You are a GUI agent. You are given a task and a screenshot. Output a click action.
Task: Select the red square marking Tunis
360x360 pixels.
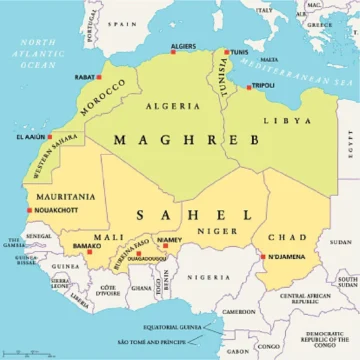pyautogui.click(x=226, y=52)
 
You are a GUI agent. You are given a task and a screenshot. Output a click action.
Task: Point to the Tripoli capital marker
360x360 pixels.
pyautogui.click(x=250, y=87)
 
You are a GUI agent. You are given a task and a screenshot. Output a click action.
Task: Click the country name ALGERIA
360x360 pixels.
pyautogui.click(x=166, y=105)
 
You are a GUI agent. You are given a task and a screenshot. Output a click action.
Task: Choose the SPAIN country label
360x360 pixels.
pyautogui.click(x=123, y=21)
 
